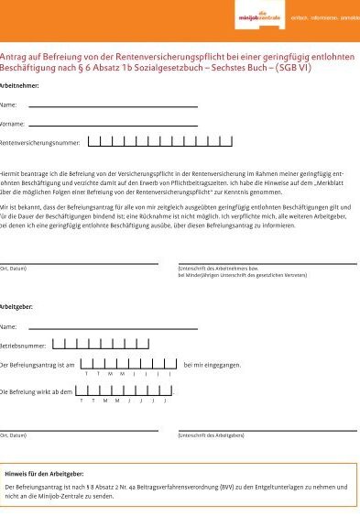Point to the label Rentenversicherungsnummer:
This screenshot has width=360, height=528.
click(x=41, y=143)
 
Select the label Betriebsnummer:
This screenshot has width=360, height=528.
click(x=23, y=346)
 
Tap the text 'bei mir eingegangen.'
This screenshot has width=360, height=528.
click(x=213, y=366)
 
